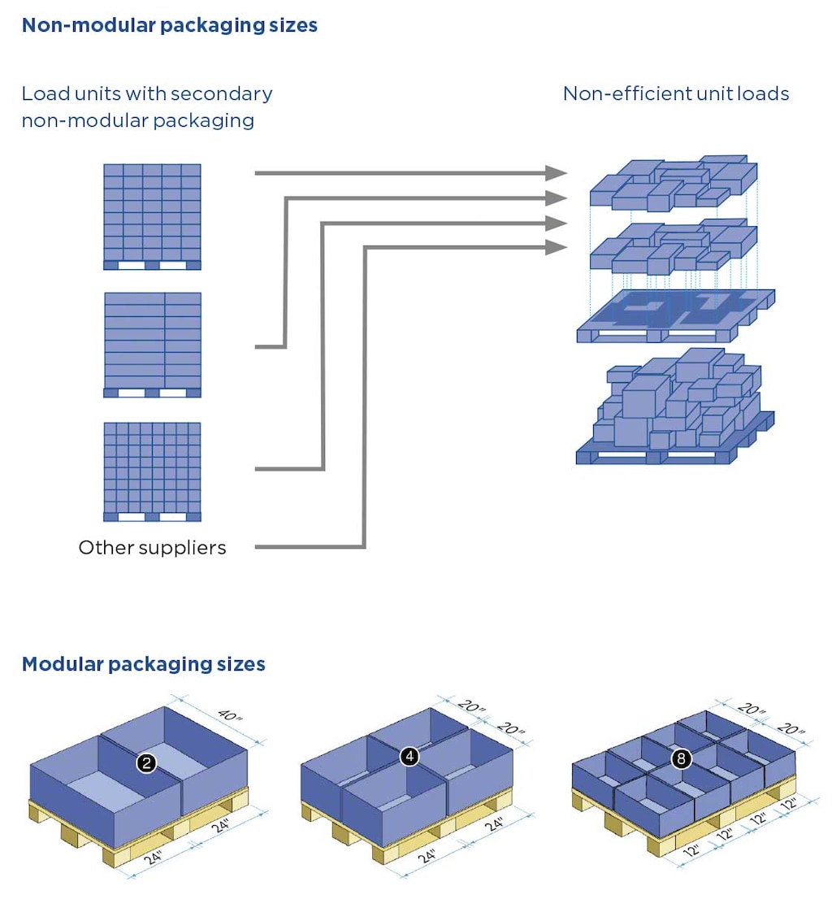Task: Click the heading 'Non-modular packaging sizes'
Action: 169,25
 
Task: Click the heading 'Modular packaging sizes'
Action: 143,664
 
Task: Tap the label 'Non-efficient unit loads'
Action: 676,93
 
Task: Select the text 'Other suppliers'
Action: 152,548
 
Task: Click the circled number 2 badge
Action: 146,763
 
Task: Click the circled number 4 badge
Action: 409,757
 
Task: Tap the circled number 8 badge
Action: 681,759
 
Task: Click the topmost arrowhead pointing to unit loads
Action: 557,172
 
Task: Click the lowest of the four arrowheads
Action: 557,246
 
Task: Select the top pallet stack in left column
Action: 152,216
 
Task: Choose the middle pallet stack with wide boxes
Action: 152,345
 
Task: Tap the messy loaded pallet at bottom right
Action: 674,411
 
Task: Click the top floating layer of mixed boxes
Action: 673,183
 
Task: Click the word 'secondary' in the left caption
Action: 231,93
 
